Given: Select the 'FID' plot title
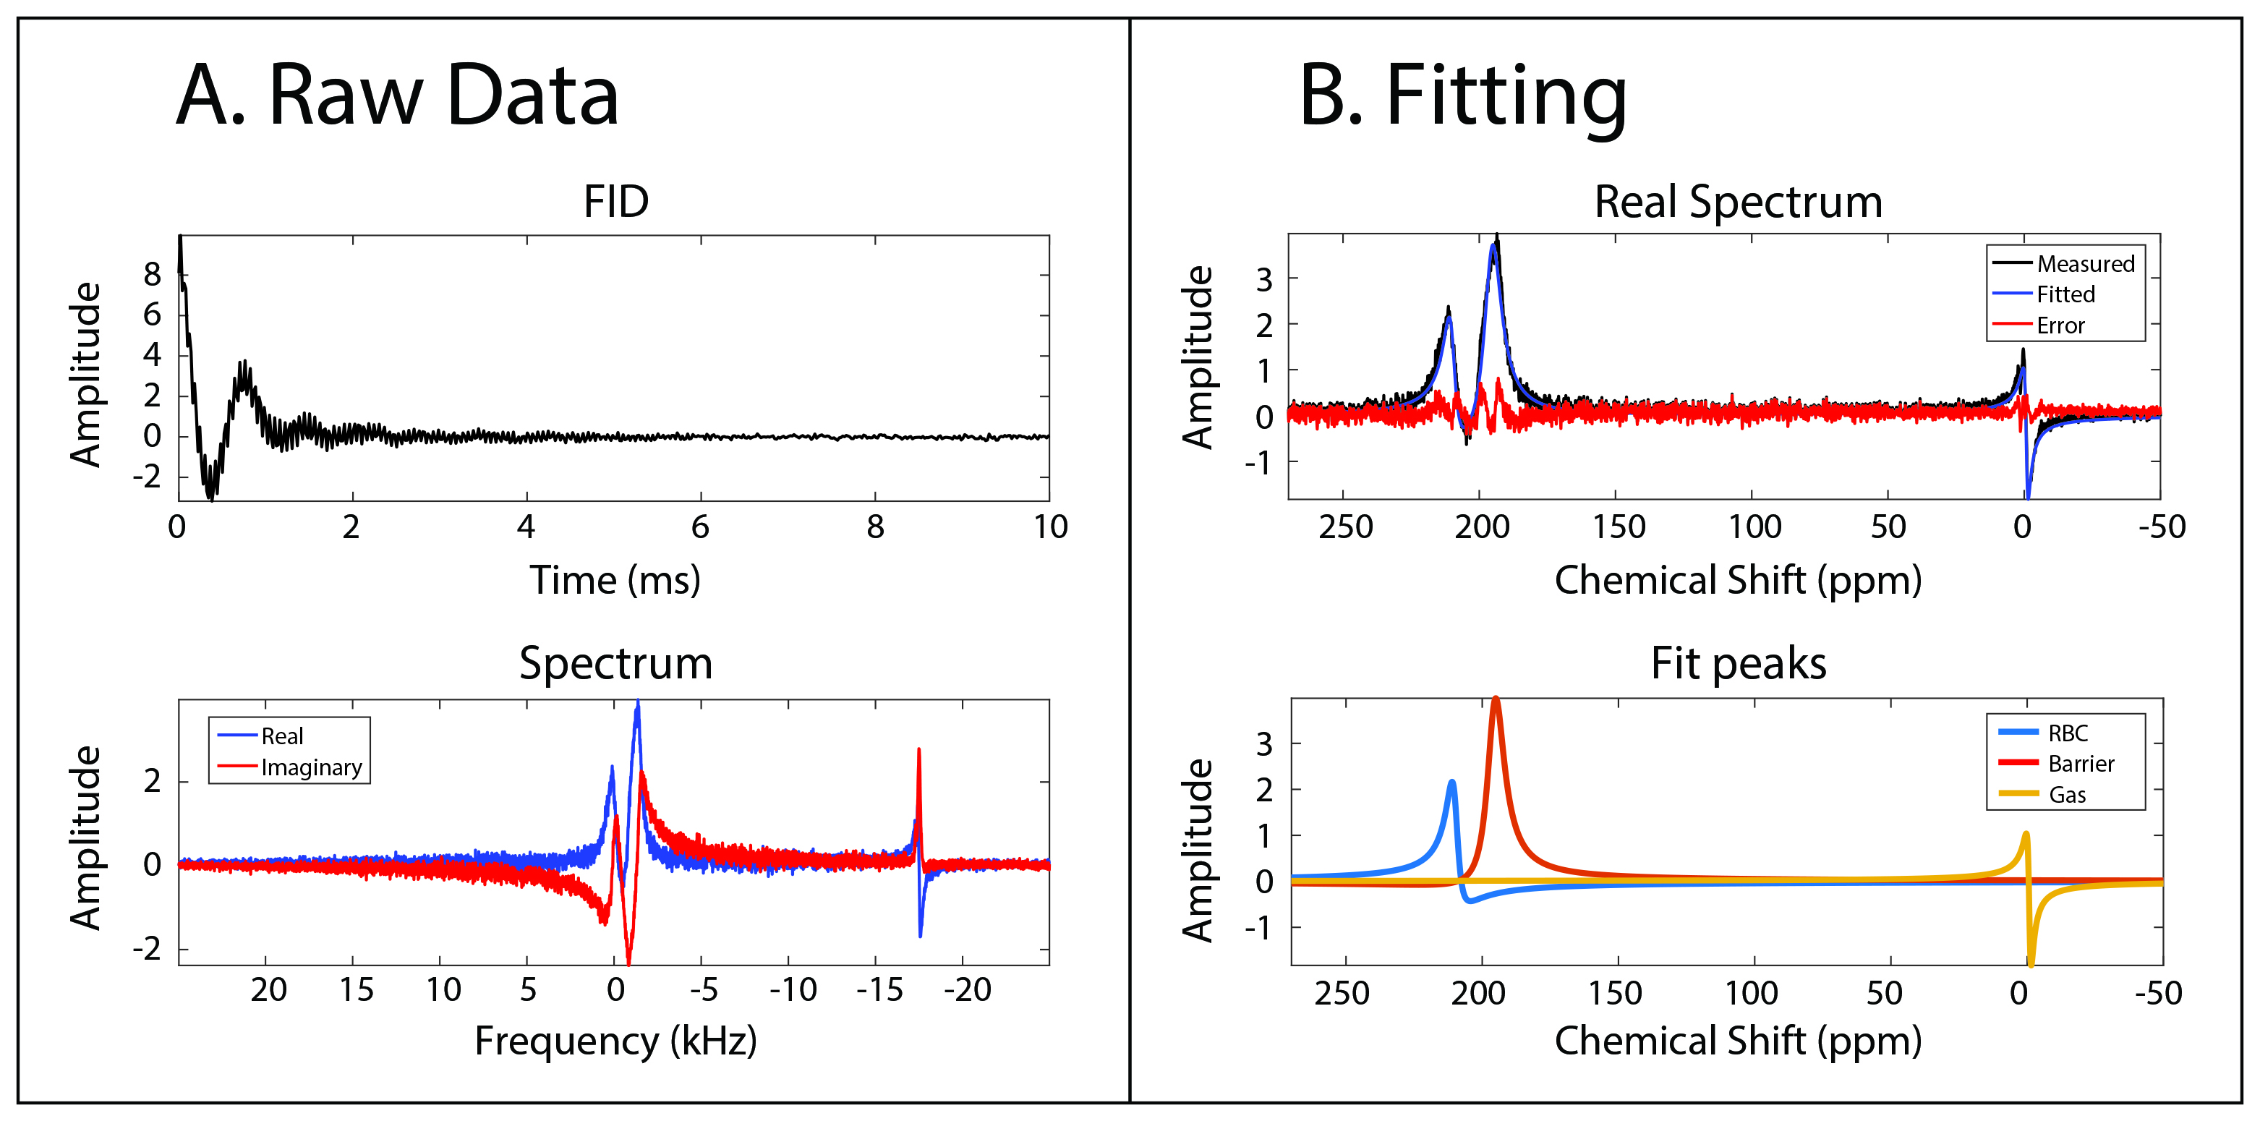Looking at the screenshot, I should (616, 202).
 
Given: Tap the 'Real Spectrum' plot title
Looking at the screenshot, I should (1738, 202).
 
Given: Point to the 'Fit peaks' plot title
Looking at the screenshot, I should (1738, 663).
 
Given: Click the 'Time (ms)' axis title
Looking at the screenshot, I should (615, 580).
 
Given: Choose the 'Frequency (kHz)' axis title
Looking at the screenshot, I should (615, 1041).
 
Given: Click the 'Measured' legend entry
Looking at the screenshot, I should (2084, 263).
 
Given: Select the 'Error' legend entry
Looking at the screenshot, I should (2060, 325).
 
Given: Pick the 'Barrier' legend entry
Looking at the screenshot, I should (2080, 763).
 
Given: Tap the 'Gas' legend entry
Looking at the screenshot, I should (2067, 795).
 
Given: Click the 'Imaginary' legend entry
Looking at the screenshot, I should (310, 767).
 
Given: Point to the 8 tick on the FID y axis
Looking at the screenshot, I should (153, 275).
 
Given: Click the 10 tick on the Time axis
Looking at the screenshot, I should (1050, 527).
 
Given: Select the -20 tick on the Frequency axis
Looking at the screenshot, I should (967, 990).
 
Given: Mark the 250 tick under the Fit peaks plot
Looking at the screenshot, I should (1342, 993).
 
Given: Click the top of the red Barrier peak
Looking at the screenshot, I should (1495, 699).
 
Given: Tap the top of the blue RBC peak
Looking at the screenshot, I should (1452, 782).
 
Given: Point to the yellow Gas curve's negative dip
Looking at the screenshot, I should (2030, 961).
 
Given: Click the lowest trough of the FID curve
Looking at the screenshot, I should (210, 496).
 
